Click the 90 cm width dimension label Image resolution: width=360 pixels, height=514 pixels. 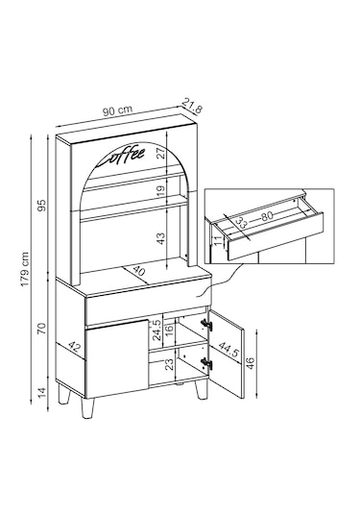117,110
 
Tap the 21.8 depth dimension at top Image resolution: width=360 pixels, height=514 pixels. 192,106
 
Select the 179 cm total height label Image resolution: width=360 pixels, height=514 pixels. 25,269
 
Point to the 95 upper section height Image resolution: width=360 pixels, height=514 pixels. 42,206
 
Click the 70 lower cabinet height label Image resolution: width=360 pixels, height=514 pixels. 41,329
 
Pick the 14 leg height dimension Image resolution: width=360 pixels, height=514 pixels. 42,392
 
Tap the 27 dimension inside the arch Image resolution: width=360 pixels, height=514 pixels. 161,153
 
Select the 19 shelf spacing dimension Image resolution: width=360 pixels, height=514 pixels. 161,191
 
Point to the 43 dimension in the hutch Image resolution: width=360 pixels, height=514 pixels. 161,238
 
